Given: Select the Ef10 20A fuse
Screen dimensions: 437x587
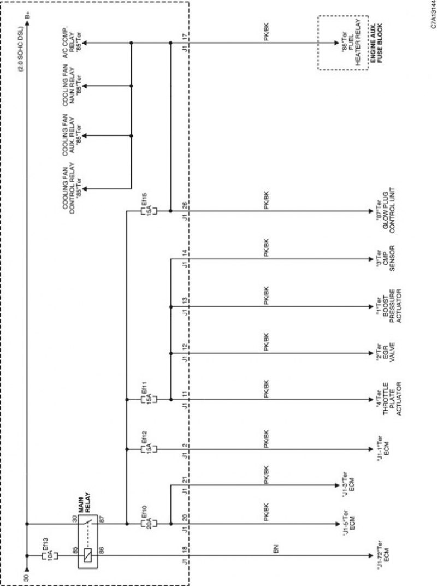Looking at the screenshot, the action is pos(149,524).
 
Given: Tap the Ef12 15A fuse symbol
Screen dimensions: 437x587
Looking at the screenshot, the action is pos(149,449).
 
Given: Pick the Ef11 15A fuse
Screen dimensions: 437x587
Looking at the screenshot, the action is pos(149,400).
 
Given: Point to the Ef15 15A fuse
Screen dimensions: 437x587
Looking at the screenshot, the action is pos(149,211).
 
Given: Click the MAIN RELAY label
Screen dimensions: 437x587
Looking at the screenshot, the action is pos(84,502).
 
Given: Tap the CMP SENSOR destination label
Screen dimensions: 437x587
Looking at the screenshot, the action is pos(385,258).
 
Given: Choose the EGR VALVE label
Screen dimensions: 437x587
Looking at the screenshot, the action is pos(385,352).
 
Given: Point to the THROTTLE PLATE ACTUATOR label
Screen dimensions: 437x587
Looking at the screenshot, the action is pos(389,398).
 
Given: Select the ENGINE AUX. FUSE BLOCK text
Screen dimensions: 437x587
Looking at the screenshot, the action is pos(377,43).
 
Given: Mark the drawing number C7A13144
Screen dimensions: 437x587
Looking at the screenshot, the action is pos(433,15).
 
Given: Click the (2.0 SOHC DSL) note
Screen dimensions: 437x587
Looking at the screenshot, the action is pos(21,49).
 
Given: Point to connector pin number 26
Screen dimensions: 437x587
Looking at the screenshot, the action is pos(185,205).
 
